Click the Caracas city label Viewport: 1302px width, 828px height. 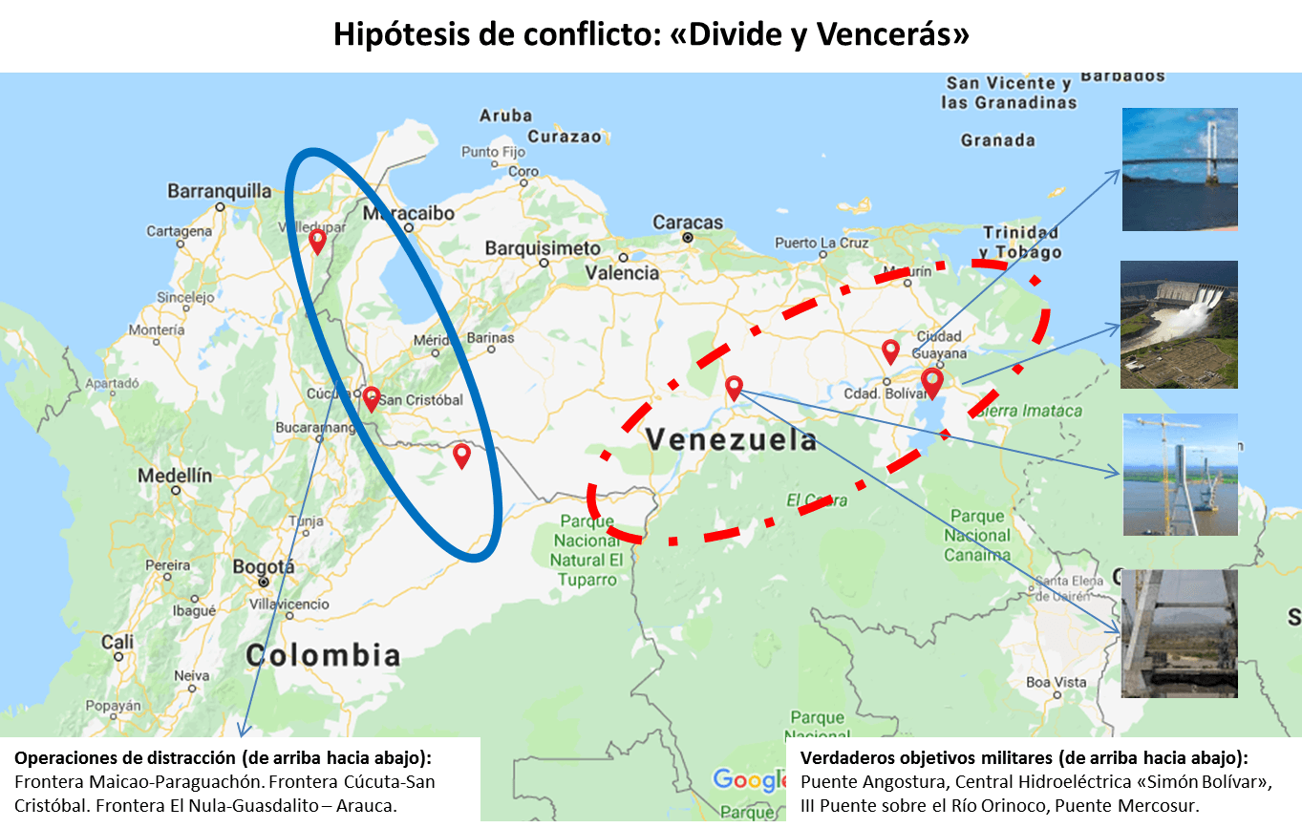pyautogui.click(x=688, y=223)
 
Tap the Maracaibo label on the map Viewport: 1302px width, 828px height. pyautogui.click(x=408, y=214)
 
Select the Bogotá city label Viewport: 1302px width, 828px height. pyautogui.click(x=264, y=567)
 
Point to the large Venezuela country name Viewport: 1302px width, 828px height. pyautogui.click(x=731, y=440)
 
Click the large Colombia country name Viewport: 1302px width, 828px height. pyautogui.click(x=323, y=655)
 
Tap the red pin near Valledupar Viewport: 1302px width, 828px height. pyautogui.click(x=317, y=242)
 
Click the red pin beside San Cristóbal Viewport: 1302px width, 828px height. pyautogui.click(x=371, y=398)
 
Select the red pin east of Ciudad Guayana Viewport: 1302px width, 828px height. pyautogui.click(x=932, y=382)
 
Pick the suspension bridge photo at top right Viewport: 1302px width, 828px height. pyautogui.click(x=1180, y=169)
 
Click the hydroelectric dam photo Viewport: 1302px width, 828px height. pyautogui.click(x=1180, y=325)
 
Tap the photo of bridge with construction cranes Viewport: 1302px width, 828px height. pyautogui.click(x=1180, y=475)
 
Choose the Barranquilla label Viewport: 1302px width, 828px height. pyautogui.click(x=220, y=191)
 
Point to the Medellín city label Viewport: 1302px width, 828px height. pyautogui.click(x=175, y=475)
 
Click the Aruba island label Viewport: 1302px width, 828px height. pyautogui.click(x=505, y=116)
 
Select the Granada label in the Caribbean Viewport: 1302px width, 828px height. pyautogui.click(x=997, y=140)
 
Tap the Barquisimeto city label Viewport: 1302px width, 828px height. pyautogui.click(x=542, y=248)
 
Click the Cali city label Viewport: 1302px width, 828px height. pyautogui.click(x=117, y=642)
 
